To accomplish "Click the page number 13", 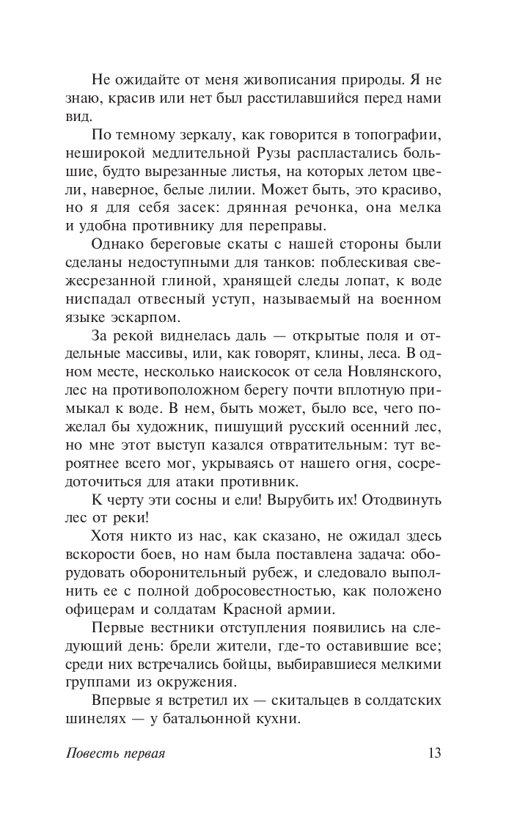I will [434, 755].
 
